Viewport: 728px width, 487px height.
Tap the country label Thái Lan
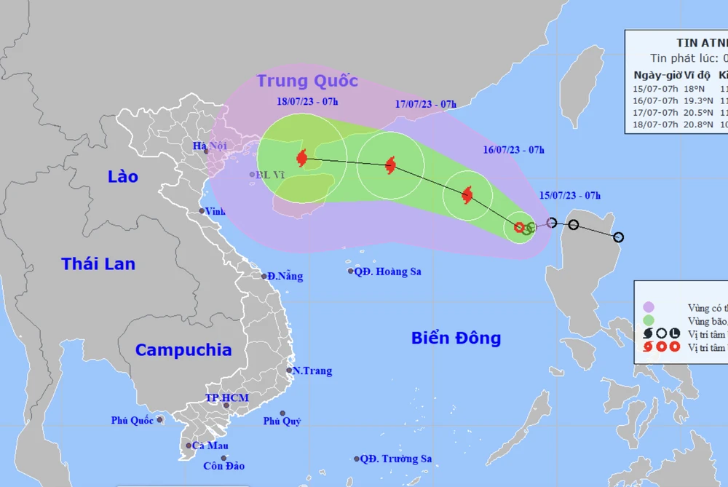pos(98,264)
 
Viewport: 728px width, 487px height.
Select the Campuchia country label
pos(183,349)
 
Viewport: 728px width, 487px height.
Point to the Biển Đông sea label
pos(456,338)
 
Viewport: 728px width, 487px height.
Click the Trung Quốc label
pos(306,81)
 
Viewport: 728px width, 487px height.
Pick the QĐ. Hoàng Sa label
pos(387,272)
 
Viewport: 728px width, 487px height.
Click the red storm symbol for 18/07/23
pos(301,157)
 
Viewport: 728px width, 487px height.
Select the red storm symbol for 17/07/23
pos(390,165)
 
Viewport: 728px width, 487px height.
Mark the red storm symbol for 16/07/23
pos(467,194)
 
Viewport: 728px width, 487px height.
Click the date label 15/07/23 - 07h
pos(570,195)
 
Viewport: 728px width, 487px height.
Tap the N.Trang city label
pos(312,371)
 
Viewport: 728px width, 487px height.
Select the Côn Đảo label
pos(224,466)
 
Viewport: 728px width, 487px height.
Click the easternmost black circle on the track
pos(618,237)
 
